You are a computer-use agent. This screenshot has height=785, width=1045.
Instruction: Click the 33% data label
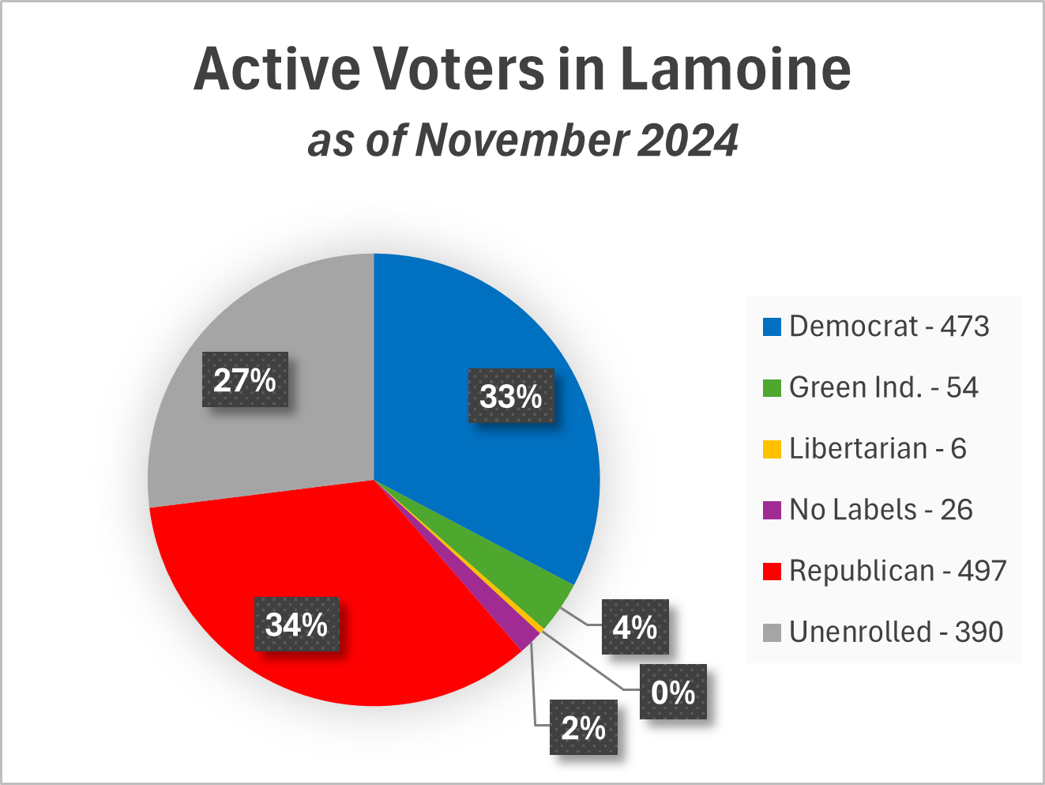tap(511, 395)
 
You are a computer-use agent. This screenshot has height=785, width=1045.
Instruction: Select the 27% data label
tap(245, 380)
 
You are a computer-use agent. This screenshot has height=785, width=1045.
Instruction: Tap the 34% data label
tap(296, 625)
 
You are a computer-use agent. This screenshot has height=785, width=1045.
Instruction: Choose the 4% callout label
tap(635, 627)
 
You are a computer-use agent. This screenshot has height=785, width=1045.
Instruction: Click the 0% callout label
tap(673, 692)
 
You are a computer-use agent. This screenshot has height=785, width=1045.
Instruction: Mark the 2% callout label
tap(583, 727)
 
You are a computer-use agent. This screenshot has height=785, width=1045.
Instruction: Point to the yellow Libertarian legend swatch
tap(772, 449)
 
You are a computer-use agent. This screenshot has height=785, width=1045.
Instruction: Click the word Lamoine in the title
tap(735, 70)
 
